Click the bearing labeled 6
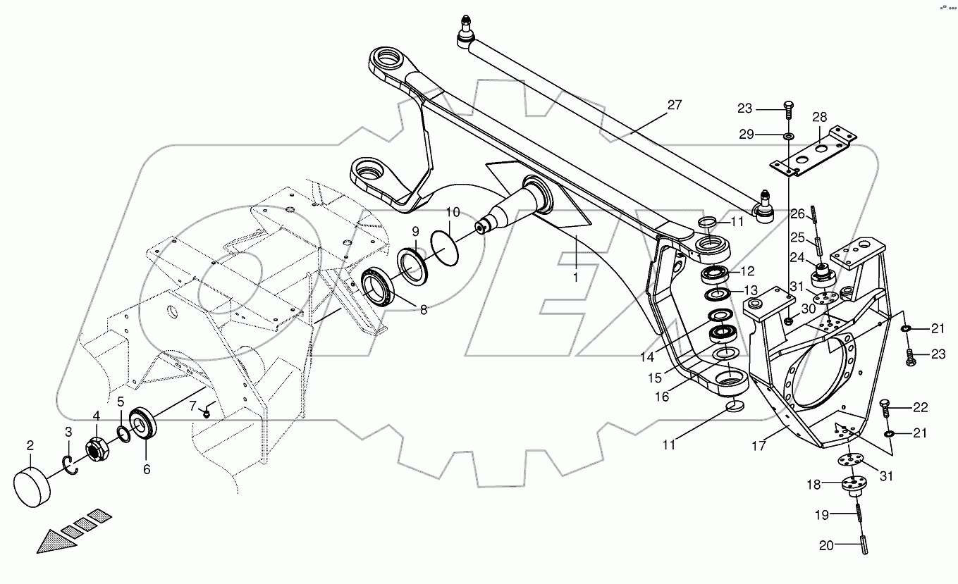click(145, 422)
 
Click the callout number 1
click(575, 278)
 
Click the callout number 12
click(747, 271)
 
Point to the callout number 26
click(797, 214)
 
